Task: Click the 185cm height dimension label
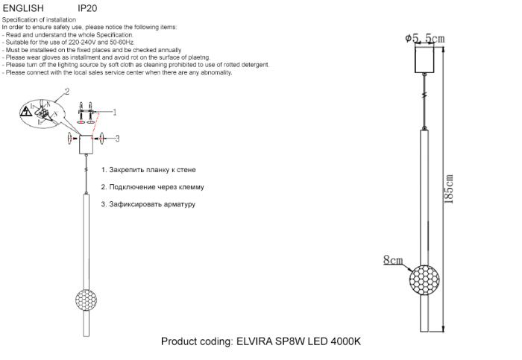(x=449, y=189)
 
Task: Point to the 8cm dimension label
(x=392, y=260)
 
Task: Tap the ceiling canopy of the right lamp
(x=425, y=57)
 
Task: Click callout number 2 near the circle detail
(x=67, y=92)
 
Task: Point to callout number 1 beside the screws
(x=115, y=113)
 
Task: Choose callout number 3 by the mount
(x=117, y=138)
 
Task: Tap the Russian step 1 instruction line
(x=148, y=171)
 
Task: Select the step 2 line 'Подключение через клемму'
(x=152, y=187)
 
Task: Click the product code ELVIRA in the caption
(x=257, y=341)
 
